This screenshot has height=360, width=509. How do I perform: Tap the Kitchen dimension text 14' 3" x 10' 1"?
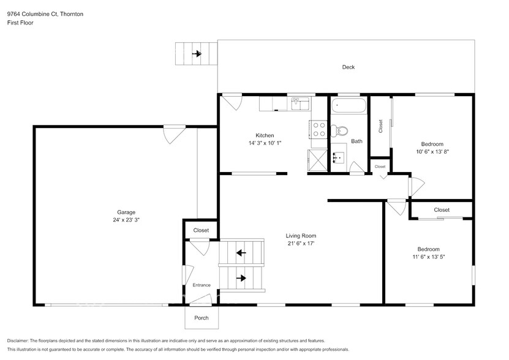tap(265, 143)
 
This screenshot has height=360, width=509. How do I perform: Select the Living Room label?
tap(301, 235)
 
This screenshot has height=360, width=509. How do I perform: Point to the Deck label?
tap(348, 67)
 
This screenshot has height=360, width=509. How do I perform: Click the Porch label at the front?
tap(201, 318)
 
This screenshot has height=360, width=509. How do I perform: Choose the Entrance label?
tap(202, 285)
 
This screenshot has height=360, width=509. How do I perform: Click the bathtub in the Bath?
tap(349, 106)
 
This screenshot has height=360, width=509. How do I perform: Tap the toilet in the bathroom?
tap(339, 130)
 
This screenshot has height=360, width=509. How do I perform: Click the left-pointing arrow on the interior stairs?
tap(241, 252)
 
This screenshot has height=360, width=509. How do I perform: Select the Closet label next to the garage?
tap(201, 230)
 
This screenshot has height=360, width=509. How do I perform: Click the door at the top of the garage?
tap(174, 132)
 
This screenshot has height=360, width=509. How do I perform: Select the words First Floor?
tap(20, 23)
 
